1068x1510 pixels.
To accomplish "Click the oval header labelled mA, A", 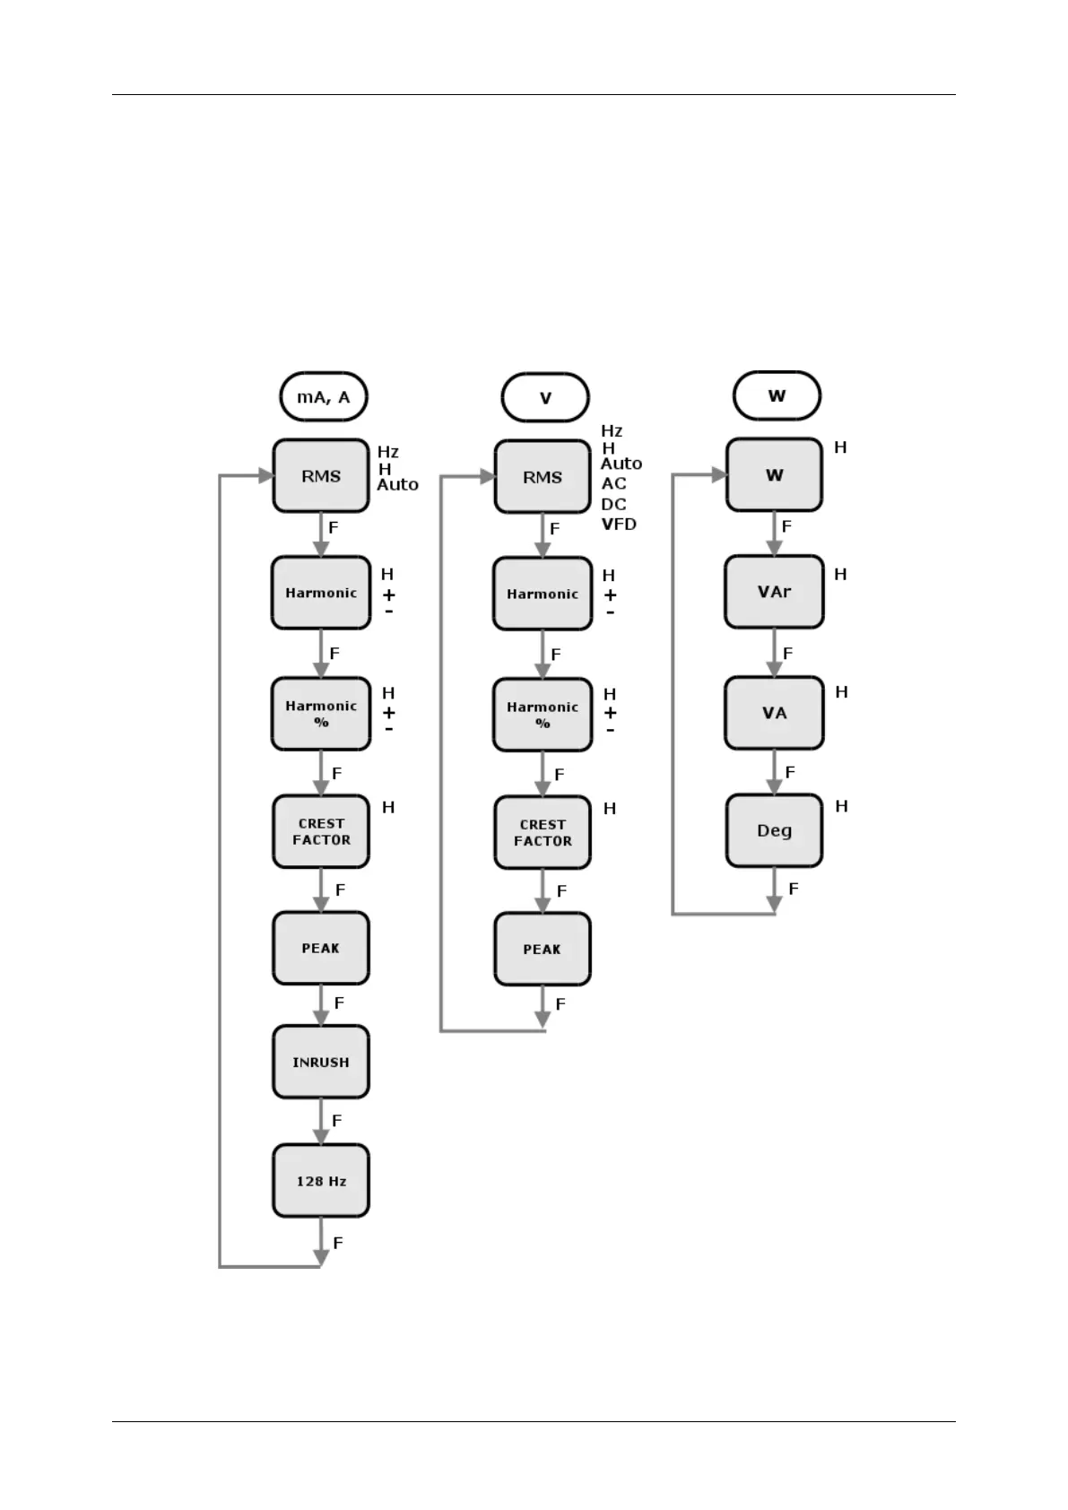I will pyautogui.click(x=324, y=397).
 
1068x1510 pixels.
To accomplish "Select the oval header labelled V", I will pyautogui.click(x=545, y=398).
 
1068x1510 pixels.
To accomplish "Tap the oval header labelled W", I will pyautogui.click(x=777, y=395).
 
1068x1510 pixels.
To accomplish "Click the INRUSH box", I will pyautogui.click(x=321, y=1063).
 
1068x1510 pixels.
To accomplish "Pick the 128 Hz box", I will pyautogui.click(x=321, y=1181).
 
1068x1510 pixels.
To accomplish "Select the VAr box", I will pyautogui.click(x=774, y=593).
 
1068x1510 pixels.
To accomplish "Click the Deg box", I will pyautogui.click(x=774, y=830).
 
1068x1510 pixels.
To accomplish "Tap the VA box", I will pyautogui.click(x=774, y=713).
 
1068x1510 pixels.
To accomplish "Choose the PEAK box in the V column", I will pyautogui.click(x=543, y=950).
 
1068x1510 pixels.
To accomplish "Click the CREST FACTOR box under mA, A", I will pyautogui.click(x=321, y=832).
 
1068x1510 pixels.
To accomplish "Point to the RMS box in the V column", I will pyautogui.click(x=543, y=477).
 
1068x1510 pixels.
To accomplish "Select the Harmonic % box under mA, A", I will pyautogui.click(x=321, y=714).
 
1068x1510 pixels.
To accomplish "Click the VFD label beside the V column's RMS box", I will pyautogui.click(x=619, y=525).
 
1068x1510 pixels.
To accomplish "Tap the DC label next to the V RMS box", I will pyautogui.click(x=613, y=504).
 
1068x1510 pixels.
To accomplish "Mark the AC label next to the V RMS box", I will pyautogui.click(x=613, y=484).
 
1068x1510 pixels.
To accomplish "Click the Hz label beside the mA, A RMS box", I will pyautogui.click(x=387, y=453).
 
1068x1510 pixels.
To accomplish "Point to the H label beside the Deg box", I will pyautogui.click(x=841, y=807).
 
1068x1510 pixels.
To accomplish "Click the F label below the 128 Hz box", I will pyautogui.click(x=338, y=1243).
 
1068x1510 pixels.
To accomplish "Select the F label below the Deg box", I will pyautogui.click(x=793, y=889).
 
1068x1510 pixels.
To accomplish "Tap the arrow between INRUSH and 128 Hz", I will pyautogui.click(x=321, y=1122).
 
